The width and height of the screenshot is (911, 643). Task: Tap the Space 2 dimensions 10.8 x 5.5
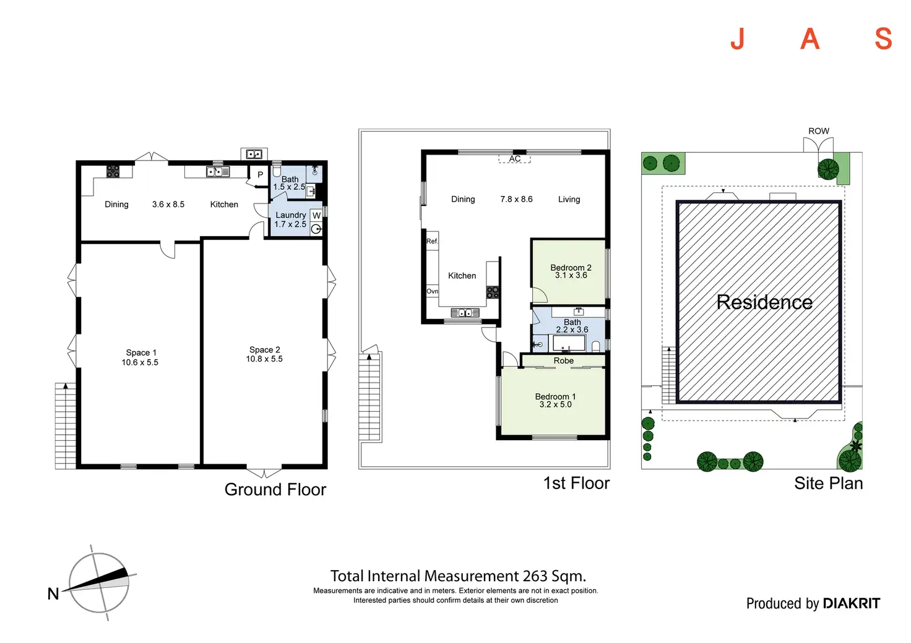coord(264,359)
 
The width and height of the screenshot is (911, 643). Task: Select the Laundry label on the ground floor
coord(290,215)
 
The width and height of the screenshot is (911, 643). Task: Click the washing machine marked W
coord(316,216)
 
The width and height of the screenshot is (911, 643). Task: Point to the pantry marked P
coord(260,175)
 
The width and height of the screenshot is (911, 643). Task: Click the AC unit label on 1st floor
coord(515,159)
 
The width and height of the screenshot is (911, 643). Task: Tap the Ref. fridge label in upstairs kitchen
coord(432,241)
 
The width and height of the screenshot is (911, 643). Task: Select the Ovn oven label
coord(432,291)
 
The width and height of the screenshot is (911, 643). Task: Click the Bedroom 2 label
coord(571,268)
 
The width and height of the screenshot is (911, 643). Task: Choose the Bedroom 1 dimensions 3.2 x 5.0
coord(555,404)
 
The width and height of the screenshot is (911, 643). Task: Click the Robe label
coord(564,360)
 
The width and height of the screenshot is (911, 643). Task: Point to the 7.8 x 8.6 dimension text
coord(516,199)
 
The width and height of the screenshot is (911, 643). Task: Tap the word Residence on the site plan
coord(764,302)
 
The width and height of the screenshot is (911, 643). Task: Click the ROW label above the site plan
coord(818,131)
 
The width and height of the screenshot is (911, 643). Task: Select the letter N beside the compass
coord(53,594)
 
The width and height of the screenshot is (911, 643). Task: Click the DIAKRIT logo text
coord(852,603)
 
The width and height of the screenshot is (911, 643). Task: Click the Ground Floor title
coord(275,490)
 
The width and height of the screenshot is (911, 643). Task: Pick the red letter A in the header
coord(810,40)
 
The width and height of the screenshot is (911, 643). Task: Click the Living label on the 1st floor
coord(569,199)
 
